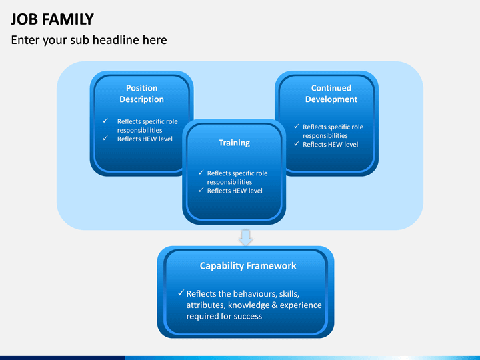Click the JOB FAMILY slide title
pos(52,19)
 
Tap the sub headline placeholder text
pos(89,40)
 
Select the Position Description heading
pos(142,94)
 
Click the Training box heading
pos(234,143)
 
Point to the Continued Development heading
pos(331,94)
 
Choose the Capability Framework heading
pos(248,266)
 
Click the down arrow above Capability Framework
pos(245,237)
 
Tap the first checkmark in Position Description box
pos(105,121)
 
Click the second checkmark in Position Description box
pos(105,138)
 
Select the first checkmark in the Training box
pos(201,173)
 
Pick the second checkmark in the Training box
pos(201,190)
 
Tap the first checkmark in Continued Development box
pos(297,126)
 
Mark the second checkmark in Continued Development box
pos(297,143)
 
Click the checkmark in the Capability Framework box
pos(181,293)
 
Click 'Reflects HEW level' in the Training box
pos(235,191)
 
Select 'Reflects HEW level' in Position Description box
pos(145,139)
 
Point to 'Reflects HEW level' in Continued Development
pos(330,145)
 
